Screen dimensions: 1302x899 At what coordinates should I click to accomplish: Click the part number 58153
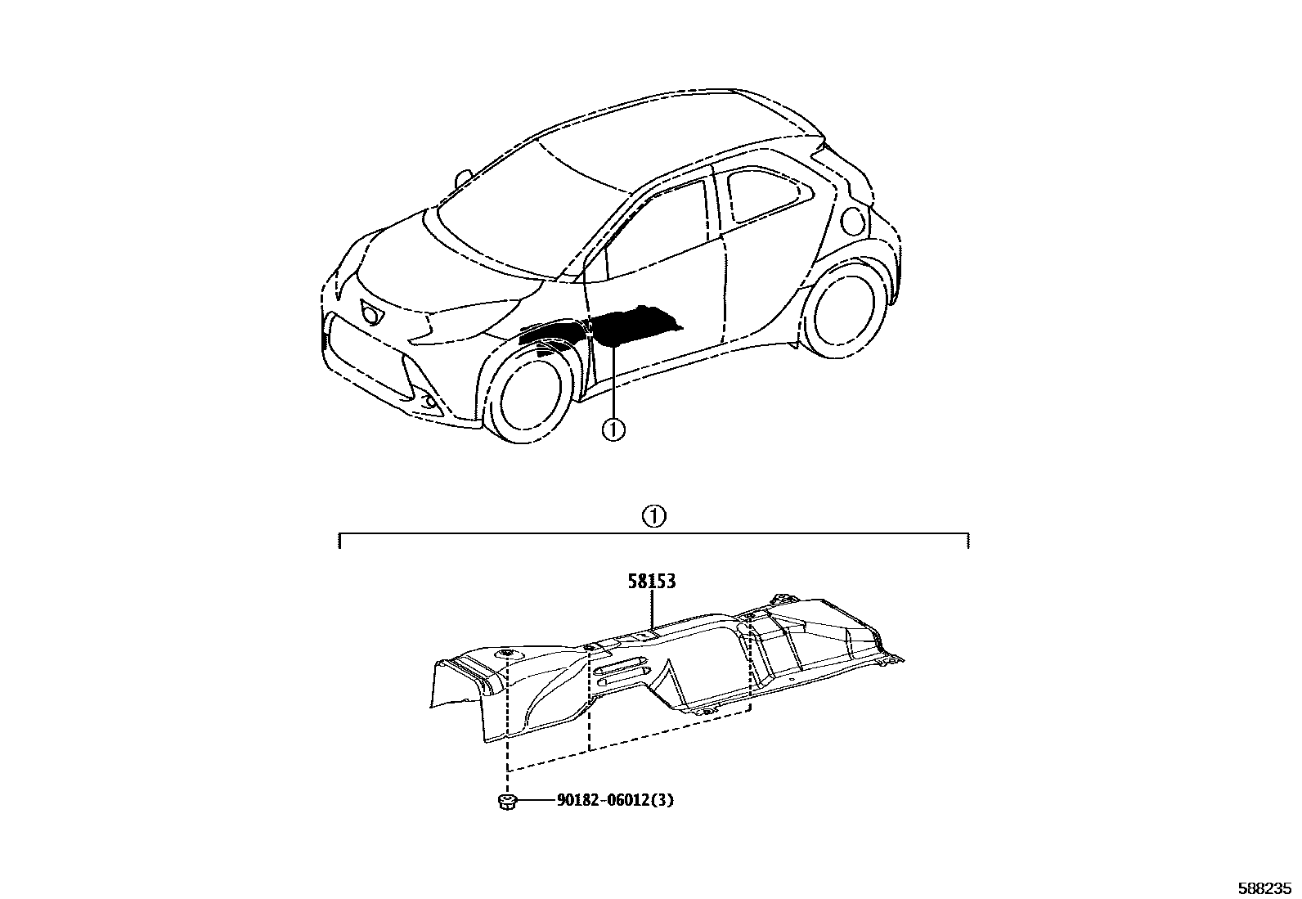pos(652,582)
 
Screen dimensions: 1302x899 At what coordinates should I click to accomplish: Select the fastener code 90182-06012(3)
pos(615,800)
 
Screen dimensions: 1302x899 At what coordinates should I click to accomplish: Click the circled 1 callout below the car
pos(613,428)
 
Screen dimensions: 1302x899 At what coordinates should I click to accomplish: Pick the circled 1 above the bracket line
pos(653,516)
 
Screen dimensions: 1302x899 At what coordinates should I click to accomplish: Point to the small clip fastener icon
pos(506,801)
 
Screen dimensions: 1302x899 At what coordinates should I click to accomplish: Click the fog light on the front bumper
pos(429,401)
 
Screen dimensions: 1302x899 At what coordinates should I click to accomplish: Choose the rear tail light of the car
pos(853,219)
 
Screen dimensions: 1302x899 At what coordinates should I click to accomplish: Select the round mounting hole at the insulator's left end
pos(508,652)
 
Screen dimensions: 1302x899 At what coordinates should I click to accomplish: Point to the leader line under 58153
pos(652,610)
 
